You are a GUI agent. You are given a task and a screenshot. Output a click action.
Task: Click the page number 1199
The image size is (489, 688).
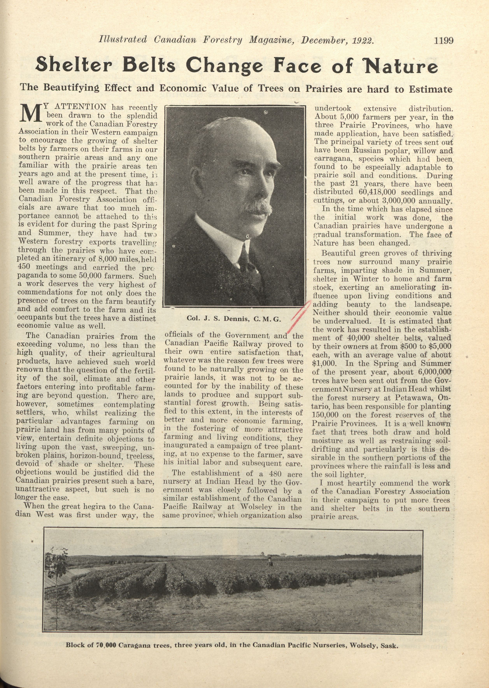coord(443,40)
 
